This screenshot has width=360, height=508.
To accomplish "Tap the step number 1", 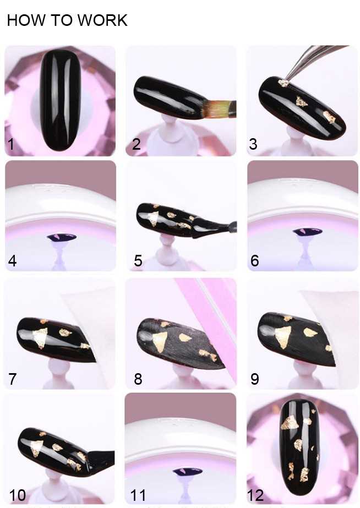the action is pyautogui.click(x=11, y=144).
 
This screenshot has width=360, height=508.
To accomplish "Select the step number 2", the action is pyautogui.click(x=137, y=144).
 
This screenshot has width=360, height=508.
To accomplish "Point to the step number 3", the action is pyautogui.click(x=253, y=144).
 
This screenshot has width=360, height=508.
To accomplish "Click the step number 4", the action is pyautogui.click(x=12, y=261).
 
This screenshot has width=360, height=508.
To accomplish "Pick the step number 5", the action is pyautogui.click(x=138, y=261).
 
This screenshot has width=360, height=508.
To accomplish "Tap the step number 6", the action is pyautogui.click(x=255, y=261).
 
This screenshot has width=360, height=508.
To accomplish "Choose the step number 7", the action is pyautogui.click(x=12, y=379).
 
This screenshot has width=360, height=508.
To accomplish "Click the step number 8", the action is pyautogui.click(x=138, y=379).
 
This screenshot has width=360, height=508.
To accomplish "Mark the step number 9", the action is pyautogui.click(x=255, y=379).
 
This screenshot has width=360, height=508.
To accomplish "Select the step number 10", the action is pyautogui.click(x=18, y=495).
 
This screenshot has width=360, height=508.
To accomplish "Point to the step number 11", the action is pyautogui.click(x=138, y=495).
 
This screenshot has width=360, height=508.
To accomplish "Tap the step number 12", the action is pyautogui.click(x=255, y=495).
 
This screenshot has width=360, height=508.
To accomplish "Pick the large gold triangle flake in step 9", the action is pyautogui.click(x=284, y=336).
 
